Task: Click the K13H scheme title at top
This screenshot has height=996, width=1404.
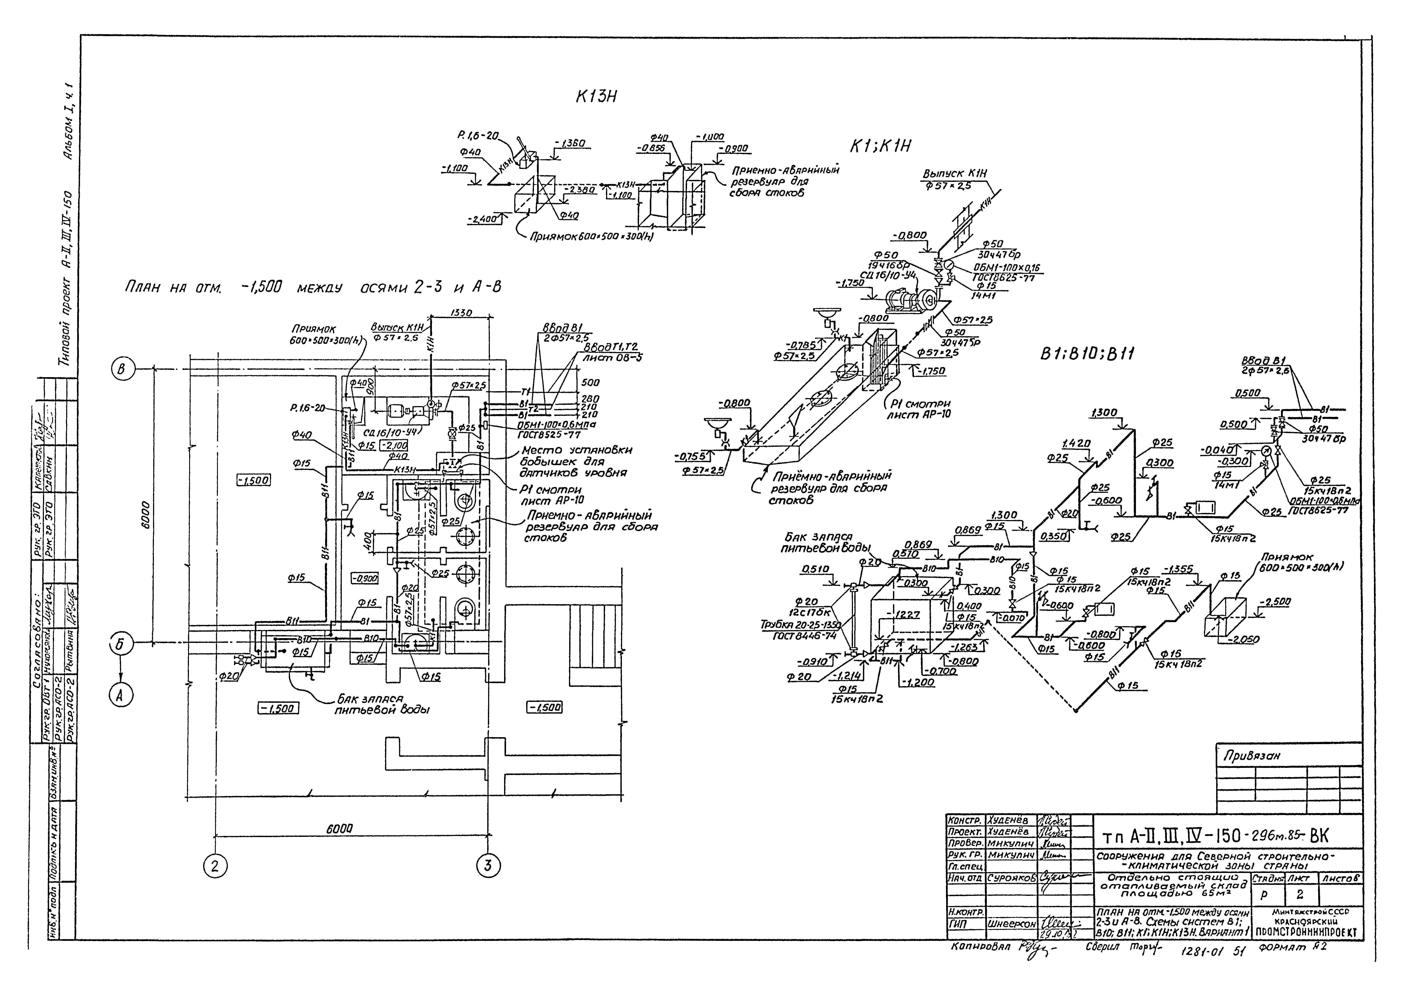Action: pyautogui.click(x=592, y=98)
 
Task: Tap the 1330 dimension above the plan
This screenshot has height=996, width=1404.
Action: pyautogui.click(x=461, y=313)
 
